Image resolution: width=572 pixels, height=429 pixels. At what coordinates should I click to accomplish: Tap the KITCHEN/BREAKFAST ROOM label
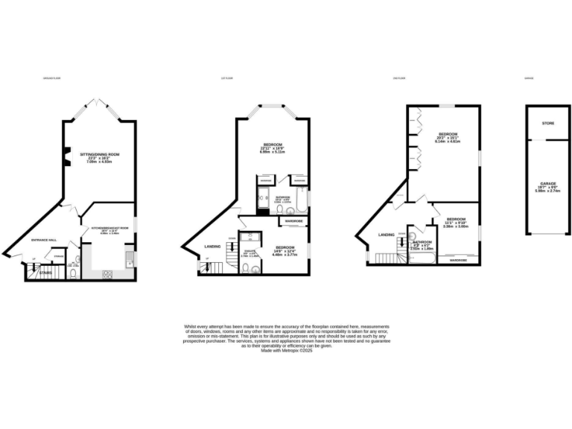[x=110, y=228]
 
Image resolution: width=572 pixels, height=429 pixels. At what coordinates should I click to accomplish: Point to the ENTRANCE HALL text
[x=44, y=240]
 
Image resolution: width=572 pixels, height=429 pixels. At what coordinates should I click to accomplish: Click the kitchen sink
[x=130, y=260]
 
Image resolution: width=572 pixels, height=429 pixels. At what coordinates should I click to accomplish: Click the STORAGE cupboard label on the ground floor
[x=58, y=256]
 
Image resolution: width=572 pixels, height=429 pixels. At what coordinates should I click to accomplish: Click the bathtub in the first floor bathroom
[x=301, y=203]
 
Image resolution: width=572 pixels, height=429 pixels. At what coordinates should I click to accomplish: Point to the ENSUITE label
[x=250, y=252]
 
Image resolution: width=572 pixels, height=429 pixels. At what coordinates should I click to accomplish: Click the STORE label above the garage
[x=548, y=124]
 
